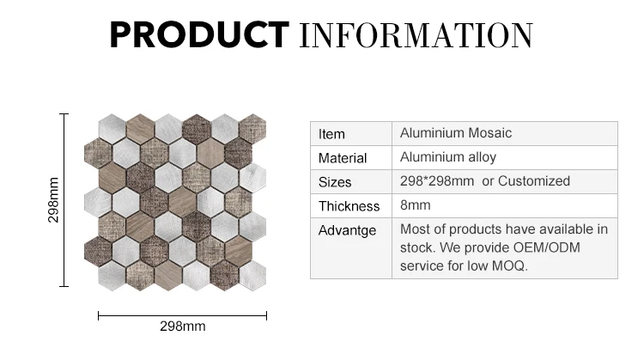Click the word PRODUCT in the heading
point(199,35)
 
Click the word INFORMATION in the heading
point(416,35)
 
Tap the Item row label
point(331,134)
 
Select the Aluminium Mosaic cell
point(456,132)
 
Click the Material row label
point(343,158)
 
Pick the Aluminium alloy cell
point(448,157)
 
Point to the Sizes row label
point(335,182)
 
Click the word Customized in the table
point(534,180)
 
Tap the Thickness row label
point(349,206)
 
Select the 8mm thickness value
point(416,205)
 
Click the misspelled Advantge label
point(347,230)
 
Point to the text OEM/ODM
point(547,247)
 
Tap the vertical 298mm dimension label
point(53,200)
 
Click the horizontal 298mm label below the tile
point(183,326)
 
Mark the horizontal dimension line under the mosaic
point(182,316)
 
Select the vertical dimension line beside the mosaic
point(64,199)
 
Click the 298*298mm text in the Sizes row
point(437,180)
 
